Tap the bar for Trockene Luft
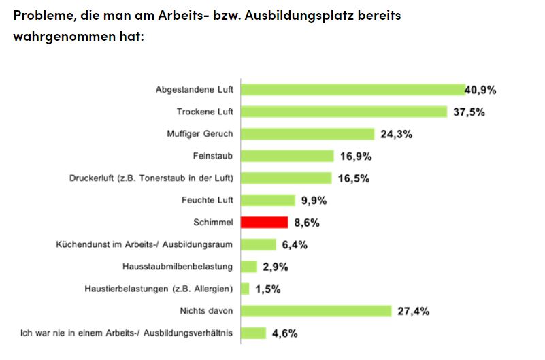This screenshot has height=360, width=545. (x=344, y=112)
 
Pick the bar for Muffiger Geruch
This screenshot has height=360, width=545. (x=308, y=134)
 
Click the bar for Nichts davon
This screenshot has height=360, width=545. (x=316, y=311)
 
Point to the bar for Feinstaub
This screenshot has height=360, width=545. (x=287, y=157)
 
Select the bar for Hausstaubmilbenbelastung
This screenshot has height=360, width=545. (x=249, y=267)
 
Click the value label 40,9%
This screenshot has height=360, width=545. (x=480, y=90)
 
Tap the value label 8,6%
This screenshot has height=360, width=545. (x=307, y=223)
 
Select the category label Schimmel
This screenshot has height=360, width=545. (x=214, y=223)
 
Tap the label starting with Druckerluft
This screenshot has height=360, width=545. (x=152, y=178)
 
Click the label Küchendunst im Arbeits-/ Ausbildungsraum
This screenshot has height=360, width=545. (x=145, y=244)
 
